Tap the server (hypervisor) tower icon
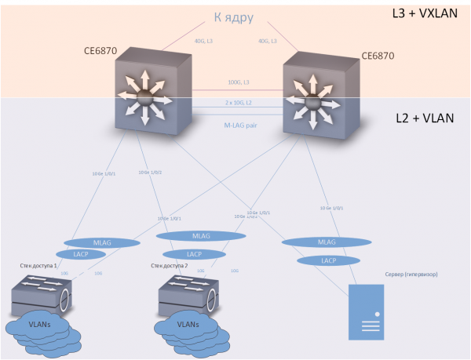pos(367,311)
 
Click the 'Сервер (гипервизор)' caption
pos(411,275)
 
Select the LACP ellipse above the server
pos(329,260)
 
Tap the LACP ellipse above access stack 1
pos(75,254)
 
